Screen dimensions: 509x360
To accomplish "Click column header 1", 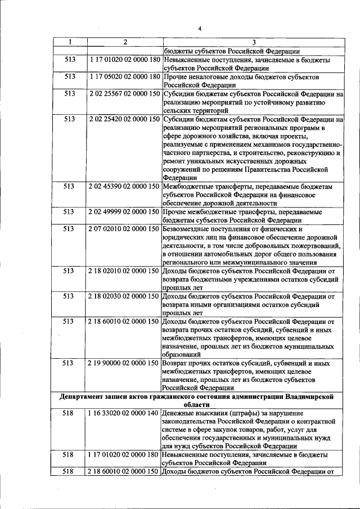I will pos(69,42).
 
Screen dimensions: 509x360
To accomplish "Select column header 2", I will pos(124,42).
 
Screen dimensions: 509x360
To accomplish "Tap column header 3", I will pos(253,42).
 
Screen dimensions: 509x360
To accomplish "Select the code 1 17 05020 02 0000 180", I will pos(124,76).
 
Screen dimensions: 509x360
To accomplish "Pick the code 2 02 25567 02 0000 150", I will pos(124,93).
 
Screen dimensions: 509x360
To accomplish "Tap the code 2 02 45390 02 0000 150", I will pos(124,186).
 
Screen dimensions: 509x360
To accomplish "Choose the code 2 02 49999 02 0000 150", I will pos(124,212).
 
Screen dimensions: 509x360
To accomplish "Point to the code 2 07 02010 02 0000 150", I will pos(124,229).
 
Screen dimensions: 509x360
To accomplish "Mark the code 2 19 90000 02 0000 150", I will pos(124,363).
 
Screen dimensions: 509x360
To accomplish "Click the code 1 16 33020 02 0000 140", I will pos(124,413).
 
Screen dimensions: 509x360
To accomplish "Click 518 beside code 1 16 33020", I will pos(69,413).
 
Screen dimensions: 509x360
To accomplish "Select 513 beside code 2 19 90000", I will pos(69,363).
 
